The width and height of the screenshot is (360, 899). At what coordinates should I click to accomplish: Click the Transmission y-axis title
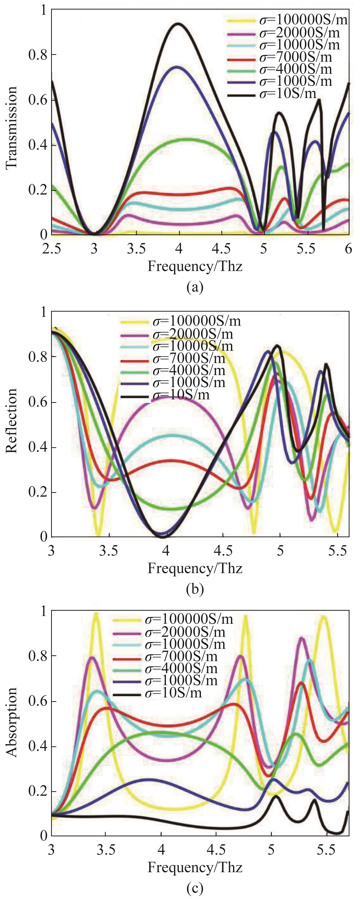click(x=12, y=127)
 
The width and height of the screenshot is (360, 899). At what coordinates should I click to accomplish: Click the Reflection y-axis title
click(x=12, y=420)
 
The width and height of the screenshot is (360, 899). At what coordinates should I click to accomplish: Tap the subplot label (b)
click(x=195, y=589)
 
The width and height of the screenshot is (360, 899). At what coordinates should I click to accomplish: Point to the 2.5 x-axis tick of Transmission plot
click(x=52, y=249)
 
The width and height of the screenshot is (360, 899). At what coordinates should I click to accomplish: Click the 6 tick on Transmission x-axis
click(x=348, y=249)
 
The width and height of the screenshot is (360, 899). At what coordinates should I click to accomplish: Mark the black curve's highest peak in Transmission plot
click(x=179, y=24)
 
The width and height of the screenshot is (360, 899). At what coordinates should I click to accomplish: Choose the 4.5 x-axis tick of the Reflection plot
click(x=223, y=551)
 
